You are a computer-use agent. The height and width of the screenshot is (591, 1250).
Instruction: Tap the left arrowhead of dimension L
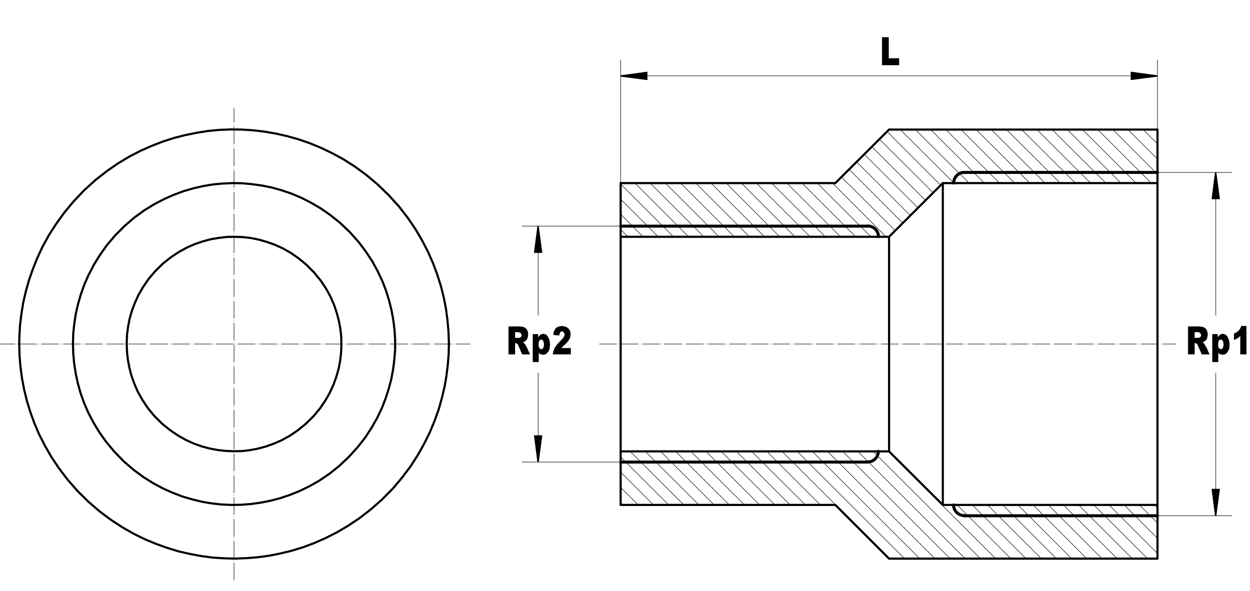[x=634, y=76]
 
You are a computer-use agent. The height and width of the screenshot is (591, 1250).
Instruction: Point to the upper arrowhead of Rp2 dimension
[x=538, y=240]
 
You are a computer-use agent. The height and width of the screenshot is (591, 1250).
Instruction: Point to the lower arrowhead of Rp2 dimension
[x=538, y=448]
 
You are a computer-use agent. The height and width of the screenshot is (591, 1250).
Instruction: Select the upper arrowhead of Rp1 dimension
[x=1216, y=186]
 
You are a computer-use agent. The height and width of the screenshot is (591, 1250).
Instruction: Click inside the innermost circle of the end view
[x=199, y=308]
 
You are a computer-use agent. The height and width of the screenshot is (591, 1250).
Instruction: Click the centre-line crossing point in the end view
[x=234, y=343]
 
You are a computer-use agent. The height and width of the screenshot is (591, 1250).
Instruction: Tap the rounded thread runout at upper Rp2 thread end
[x=874, y=231]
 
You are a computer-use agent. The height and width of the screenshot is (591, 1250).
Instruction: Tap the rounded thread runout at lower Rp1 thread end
[x=958, y=511]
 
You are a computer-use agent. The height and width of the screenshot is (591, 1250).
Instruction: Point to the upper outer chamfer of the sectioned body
[x=862, y=156]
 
